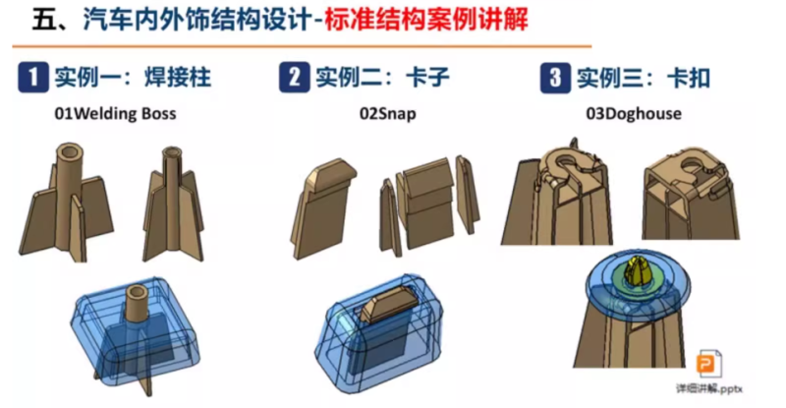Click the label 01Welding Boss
click(115, 114)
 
